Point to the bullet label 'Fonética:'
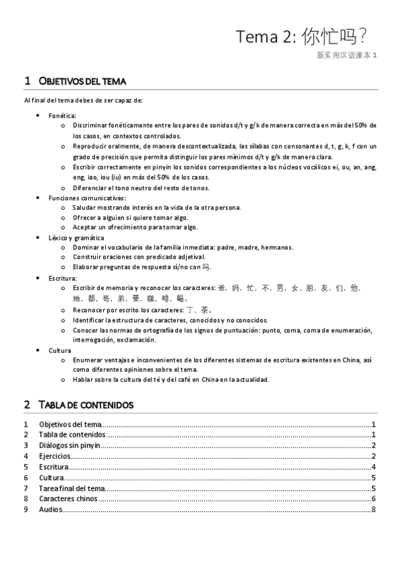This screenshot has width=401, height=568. (62, 115)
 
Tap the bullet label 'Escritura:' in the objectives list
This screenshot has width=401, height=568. (62, 277)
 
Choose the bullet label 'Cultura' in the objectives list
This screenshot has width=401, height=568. (60, 350)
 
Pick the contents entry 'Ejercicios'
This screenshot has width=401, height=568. (55, 456)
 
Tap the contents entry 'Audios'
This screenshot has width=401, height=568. (50, 510)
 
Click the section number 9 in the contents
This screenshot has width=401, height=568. (25, 510)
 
